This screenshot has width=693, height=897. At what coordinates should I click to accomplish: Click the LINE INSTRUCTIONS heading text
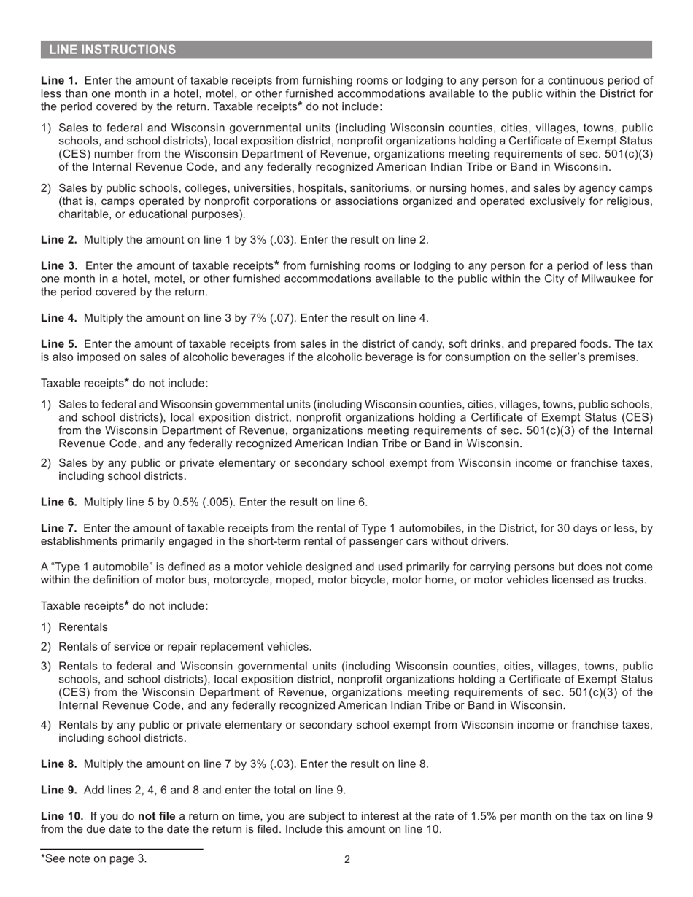coord(112,50)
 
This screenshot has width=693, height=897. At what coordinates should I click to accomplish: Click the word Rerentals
coord(82,627)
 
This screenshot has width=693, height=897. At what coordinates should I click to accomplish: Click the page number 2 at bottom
coord(347,859)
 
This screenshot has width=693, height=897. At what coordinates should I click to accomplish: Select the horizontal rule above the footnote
coord(121,849)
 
